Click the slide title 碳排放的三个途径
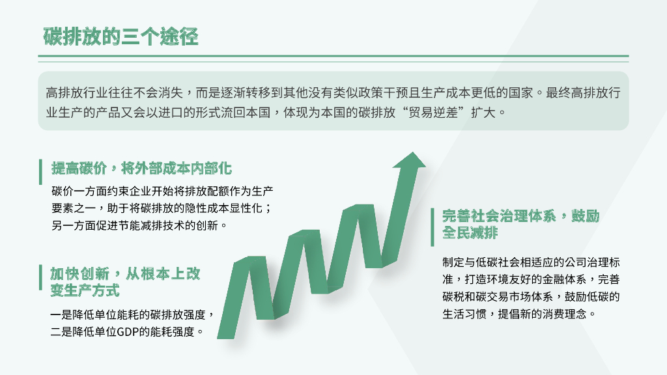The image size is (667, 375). (121, 36)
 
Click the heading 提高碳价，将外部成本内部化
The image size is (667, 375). (141, 169)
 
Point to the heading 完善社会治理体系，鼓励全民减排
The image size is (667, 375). (520, 224)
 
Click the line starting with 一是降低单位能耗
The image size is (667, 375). (132, 315)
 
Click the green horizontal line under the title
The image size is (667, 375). (333, 57)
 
